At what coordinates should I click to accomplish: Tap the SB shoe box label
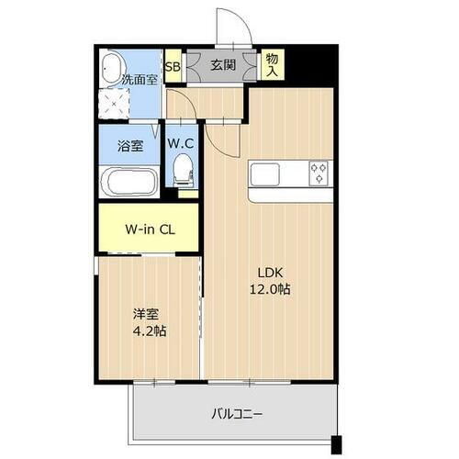coord(173,65)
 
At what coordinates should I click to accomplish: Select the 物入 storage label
coord(273,65)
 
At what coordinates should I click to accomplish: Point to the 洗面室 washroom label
coord(140,80)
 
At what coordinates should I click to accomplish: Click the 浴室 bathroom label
coord(129,145)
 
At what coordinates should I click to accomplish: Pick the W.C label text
coord(180,143)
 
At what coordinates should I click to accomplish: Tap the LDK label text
coord(268,272)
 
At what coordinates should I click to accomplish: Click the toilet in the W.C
coord(184,169)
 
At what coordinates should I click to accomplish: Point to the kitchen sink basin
coord(262,174)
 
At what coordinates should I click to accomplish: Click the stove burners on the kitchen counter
coord(319,173)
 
